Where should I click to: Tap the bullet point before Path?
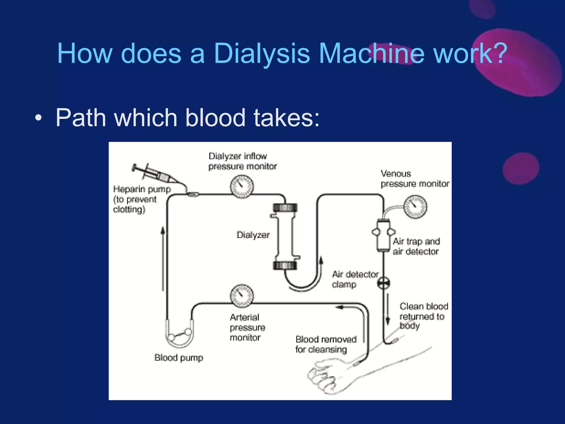click(38, 118)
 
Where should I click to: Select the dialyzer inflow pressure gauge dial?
click(242, 187)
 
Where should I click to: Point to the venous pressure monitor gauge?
click(415, 207)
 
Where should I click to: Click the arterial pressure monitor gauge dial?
click(242, 296)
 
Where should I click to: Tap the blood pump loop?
click(180, 335)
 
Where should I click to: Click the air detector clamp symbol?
click(383, 283)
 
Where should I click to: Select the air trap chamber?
click(383, 235)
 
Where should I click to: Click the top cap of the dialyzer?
click(285, 208)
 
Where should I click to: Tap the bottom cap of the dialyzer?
click(285, 265)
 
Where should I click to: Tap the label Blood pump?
click(179, 358)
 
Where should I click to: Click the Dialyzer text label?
click(253, 235)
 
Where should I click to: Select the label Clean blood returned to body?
click(423, 316)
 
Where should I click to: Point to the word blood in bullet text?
click(215, 118)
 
